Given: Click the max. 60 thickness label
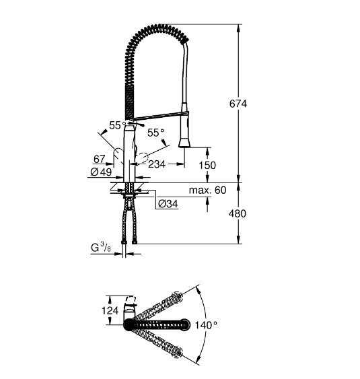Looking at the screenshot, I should pos(208,191).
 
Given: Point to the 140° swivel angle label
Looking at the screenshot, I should pos(205,324).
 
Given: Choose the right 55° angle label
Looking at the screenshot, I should pos(155,133).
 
